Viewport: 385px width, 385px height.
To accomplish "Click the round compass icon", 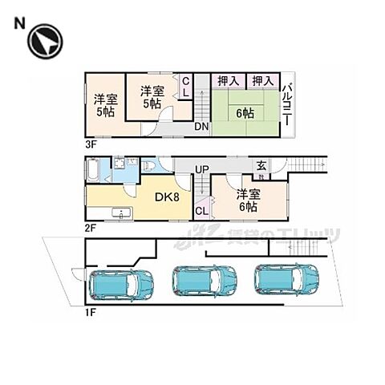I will tap(45, 43).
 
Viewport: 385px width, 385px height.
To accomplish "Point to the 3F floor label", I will tap(90, 144).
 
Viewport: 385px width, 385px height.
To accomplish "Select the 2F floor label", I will tap(91, 227).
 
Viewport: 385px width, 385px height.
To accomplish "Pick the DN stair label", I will tap(202, 127).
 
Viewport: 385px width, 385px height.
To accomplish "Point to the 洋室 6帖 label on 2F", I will tap(247, 200).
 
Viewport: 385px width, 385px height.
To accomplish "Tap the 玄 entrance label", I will tap(261, 166).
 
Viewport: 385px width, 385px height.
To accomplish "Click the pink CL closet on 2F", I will tap(201, 210).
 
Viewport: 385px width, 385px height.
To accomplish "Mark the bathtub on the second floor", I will tap(94, 170).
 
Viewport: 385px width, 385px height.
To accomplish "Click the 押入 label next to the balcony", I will tap(260, 81).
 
